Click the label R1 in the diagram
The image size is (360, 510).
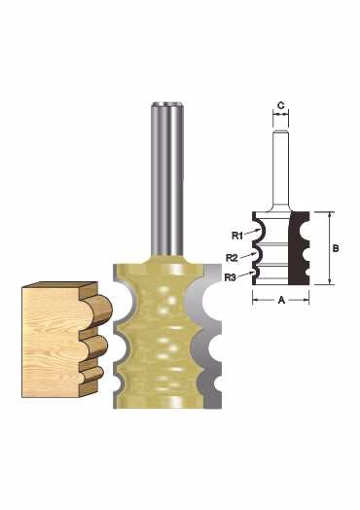coord(237,236)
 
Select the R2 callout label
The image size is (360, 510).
coord(233,258)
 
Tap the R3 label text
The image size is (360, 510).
coord(230,277)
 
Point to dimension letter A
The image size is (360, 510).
coord(281,300)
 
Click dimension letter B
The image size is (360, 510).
coord(336,248)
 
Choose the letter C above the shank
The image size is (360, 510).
coord(280,106)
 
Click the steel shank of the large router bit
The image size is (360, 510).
coord(167,178)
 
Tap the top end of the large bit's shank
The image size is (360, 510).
coord(167,103)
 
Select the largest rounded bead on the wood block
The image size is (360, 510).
coord(101,310)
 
